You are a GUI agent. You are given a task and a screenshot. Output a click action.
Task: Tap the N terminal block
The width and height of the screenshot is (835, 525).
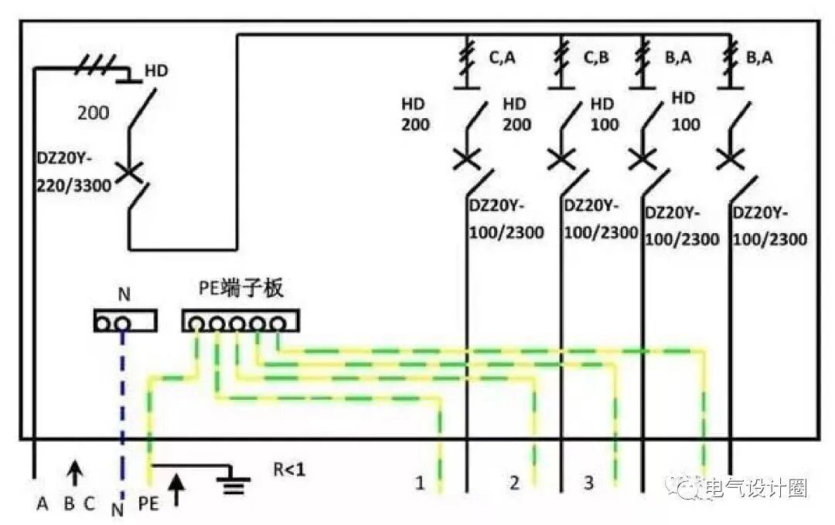click(124, 320)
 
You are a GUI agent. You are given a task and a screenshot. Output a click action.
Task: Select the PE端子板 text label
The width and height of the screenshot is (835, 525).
click(240, 290)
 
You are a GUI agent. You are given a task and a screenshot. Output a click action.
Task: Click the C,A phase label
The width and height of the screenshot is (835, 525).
click(502, 57)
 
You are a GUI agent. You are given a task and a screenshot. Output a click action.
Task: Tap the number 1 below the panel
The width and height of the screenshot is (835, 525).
click(420, 483)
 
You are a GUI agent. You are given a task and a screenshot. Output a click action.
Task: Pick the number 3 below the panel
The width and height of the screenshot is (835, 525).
click(588, 483)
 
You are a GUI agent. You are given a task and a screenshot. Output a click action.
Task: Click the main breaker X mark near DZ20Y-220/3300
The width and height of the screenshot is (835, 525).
click(129, 172)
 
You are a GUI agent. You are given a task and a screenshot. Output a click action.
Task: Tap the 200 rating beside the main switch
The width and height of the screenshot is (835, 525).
click(93, 113)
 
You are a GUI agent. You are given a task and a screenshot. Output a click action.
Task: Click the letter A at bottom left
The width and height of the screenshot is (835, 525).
click(43, 504)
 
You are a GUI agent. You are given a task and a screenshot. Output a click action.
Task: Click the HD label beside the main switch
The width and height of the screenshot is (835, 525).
click(156, 71)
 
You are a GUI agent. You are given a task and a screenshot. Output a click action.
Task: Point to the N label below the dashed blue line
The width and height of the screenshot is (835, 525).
click(118, 509)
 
